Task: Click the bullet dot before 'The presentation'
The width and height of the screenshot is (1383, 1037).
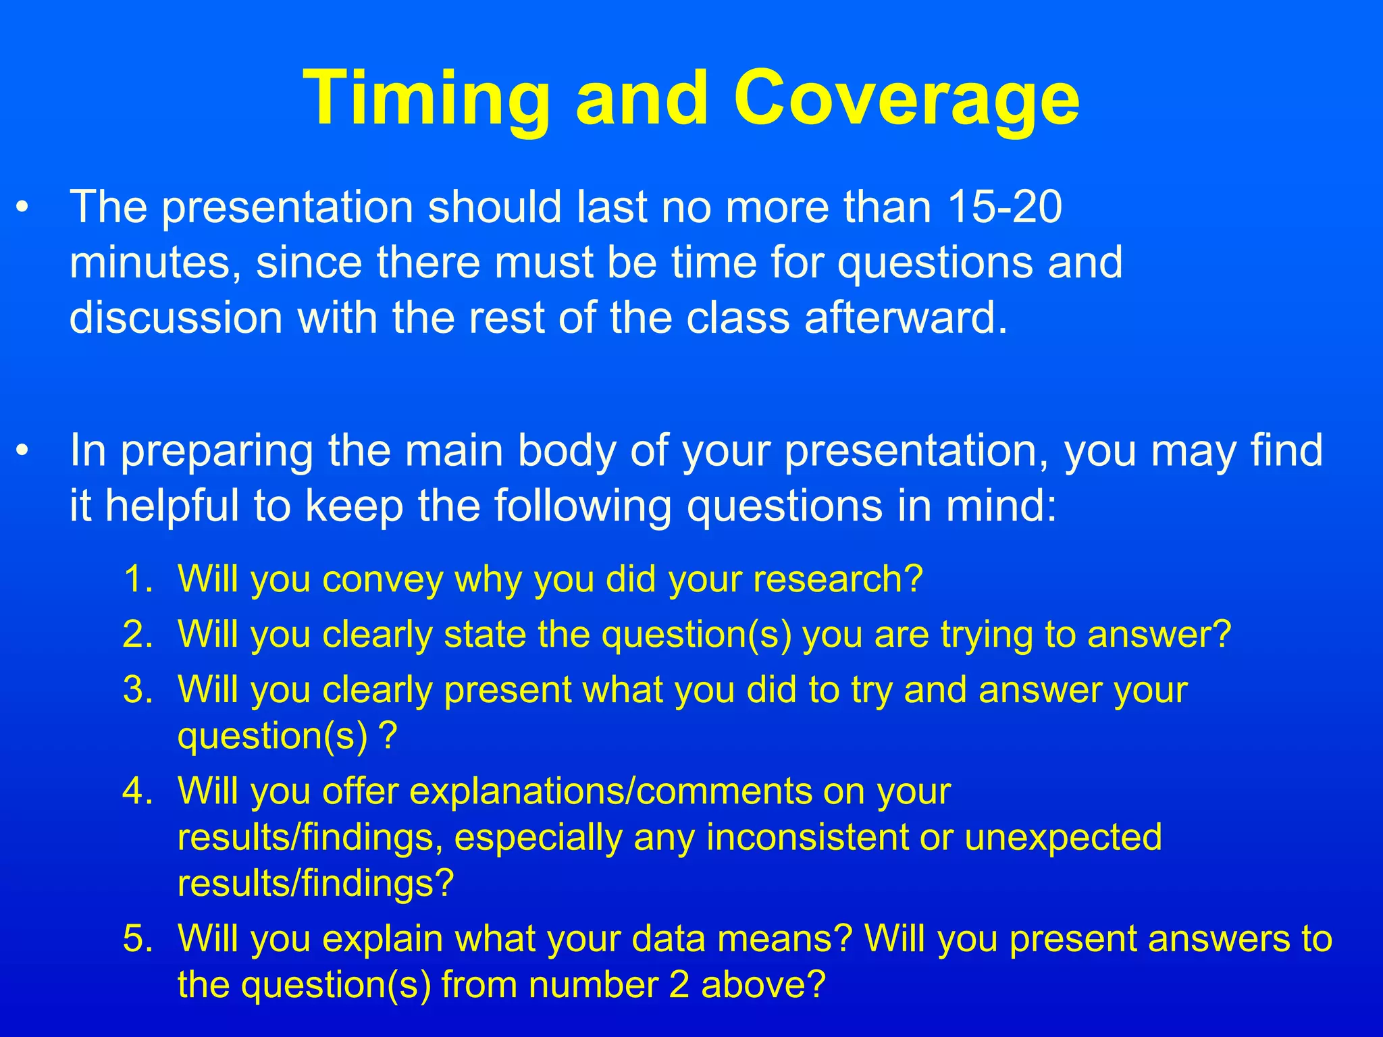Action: tap(23, 209)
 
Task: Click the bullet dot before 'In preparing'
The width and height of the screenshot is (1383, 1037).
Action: tap(23, 452)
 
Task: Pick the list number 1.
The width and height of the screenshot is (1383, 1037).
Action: tap(138, 579)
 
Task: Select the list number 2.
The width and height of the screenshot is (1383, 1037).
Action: tap(138, 635)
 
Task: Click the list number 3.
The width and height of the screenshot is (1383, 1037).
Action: tap(138, 690)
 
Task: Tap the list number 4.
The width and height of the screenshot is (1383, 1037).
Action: tap(138, 791)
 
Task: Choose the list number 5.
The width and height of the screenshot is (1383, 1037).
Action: tap(138, 938)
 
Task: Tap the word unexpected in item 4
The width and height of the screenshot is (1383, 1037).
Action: tap(1063, 838)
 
